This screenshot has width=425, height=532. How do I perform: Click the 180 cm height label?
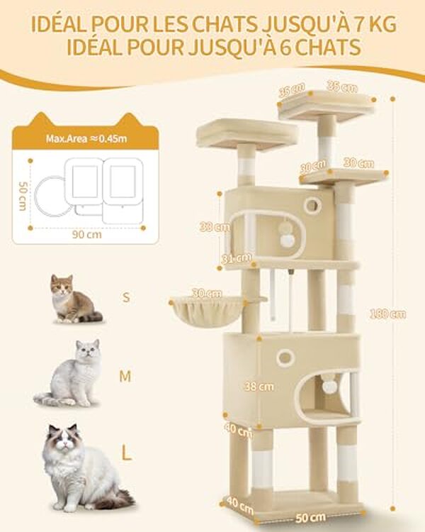point(392,314)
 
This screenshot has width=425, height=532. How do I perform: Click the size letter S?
point(127,298)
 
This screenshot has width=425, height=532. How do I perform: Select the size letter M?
point(125,377)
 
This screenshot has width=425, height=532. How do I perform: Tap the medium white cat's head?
point(88,353)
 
